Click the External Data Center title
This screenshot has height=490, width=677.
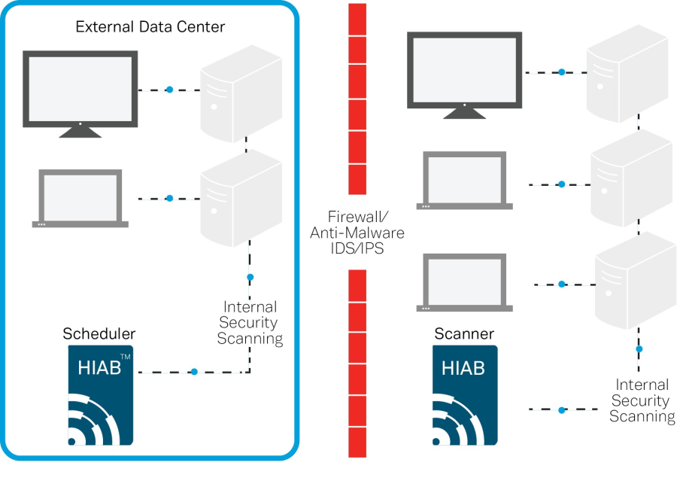pos(150,27)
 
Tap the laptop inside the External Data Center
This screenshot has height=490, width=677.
pos(80,199)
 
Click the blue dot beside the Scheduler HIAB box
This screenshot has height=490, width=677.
pos(194,372)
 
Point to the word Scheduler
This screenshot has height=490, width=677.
pos(99,333)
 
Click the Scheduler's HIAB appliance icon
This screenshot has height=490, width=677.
pos(101,394)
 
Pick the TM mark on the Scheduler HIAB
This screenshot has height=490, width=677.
pos(126,357)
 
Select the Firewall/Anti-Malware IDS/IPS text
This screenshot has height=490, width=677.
pos(347,231)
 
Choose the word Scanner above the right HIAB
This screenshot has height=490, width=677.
pos(464,333)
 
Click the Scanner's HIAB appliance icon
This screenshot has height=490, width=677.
pos(465,396)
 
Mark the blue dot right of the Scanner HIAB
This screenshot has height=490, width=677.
pos(561,410)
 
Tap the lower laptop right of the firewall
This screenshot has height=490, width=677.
pos(464,283)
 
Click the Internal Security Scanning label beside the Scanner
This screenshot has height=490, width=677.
pos(641,400)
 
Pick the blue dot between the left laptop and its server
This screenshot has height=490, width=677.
pos(169,199)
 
